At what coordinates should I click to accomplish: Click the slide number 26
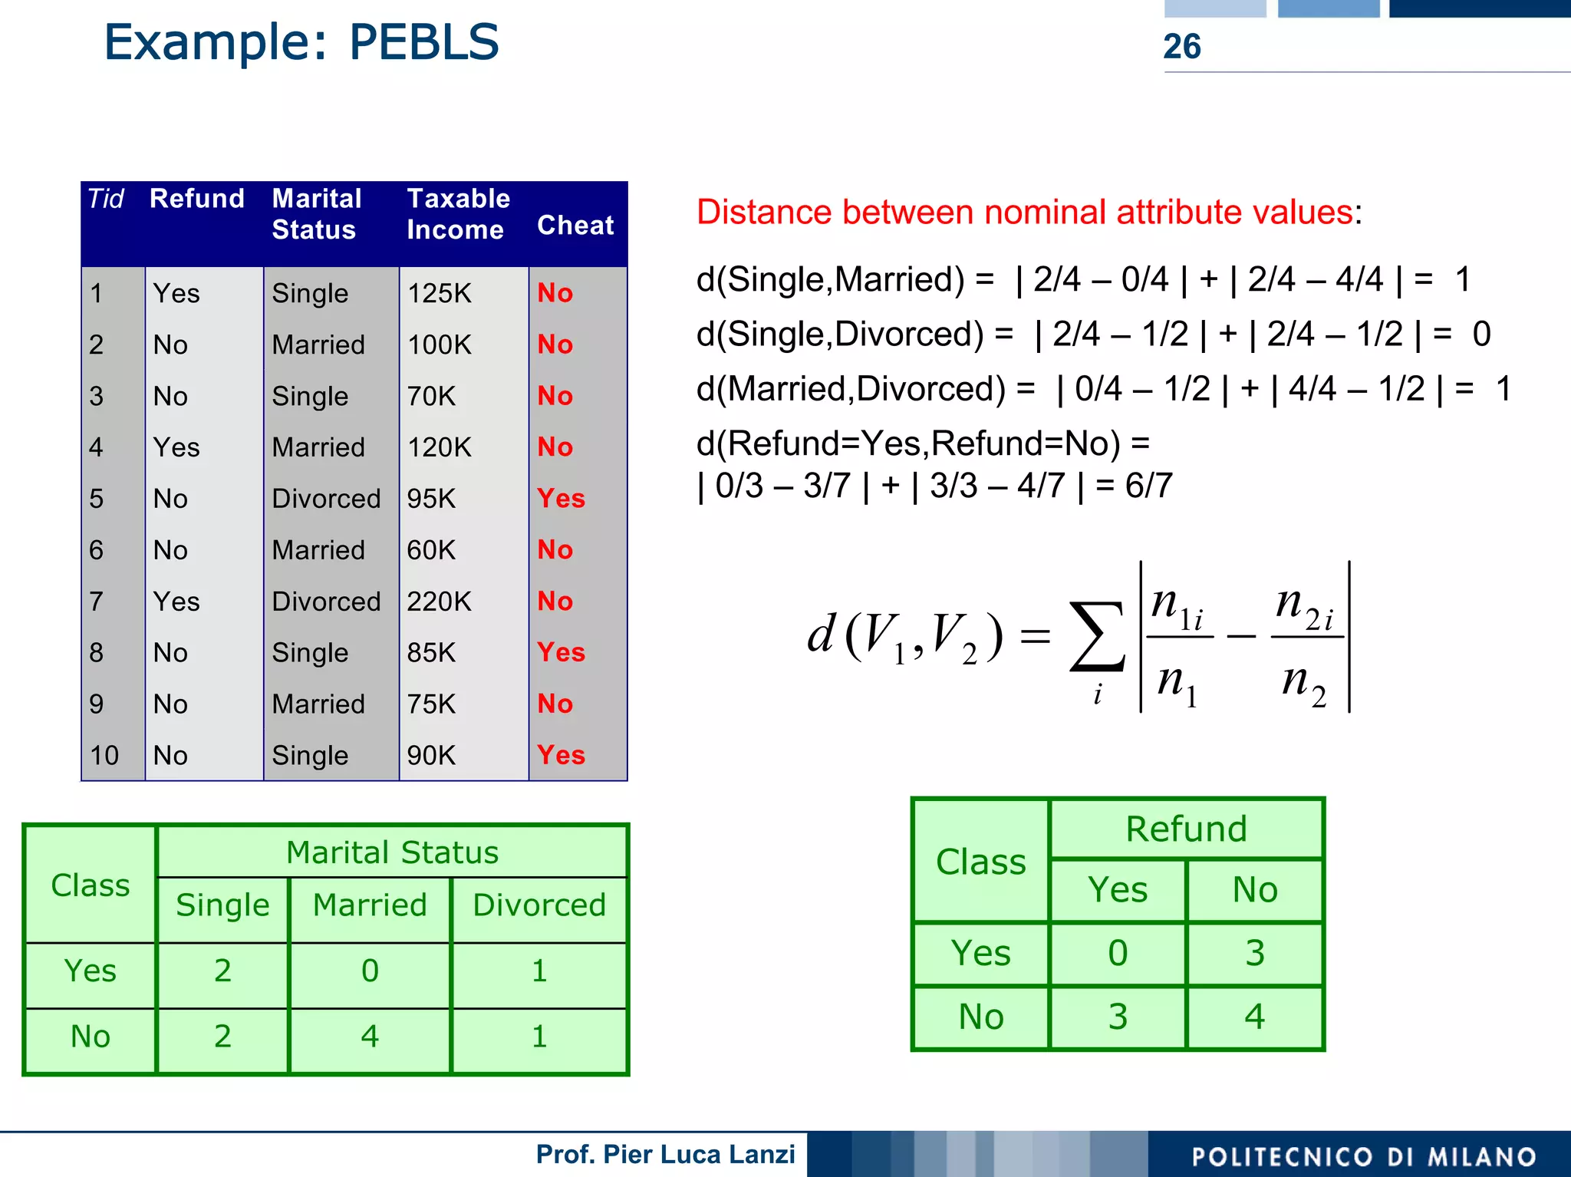1181,47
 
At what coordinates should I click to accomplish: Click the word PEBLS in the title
423,42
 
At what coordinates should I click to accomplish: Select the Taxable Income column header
458,214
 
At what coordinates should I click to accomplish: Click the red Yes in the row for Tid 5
561,499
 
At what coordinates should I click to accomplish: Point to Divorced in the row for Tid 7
326,602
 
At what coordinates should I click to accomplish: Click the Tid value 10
104,756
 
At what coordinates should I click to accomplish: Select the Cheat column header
575,226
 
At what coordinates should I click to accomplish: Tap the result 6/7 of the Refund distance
1148,486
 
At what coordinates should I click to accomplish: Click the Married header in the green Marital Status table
370,905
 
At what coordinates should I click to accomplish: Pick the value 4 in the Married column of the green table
370,1037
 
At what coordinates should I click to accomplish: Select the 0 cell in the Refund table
1118,953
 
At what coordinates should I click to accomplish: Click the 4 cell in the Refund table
1254,1017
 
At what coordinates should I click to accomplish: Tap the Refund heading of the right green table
1186,829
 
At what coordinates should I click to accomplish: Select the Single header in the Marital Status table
222,905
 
